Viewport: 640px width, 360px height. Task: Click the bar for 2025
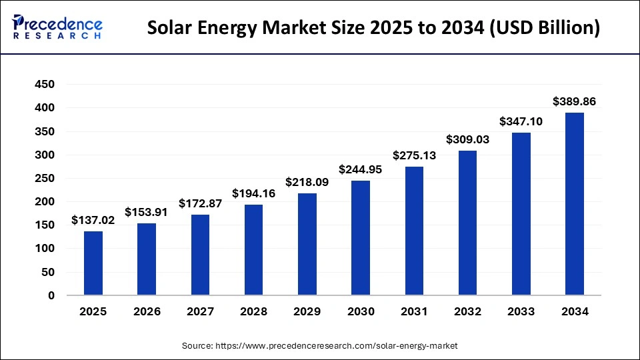[x=93, y=263]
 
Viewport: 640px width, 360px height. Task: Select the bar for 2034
[x=574, y=203]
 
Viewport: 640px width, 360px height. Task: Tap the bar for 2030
[x=361, y=237]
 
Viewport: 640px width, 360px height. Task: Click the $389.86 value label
[x=574, y=102]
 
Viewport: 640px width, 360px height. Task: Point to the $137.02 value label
[x=93, y=221]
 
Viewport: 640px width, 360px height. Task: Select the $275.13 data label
[x=414, y=156]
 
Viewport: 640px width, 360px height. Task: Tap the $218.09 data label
[x=307, y=182]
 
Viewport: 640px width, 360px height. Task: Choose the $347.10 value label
[x=521, y=122]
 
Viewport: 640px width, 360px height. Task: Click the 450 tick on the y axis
[x=45, y=85]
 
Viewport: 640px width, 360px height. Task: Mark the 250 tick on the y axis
[x=45, y=178]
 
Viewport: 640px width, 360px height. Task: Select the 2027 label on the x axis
[x=200, y=311]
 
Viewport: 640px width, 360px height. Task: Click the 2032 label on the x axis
[x=467, y=311]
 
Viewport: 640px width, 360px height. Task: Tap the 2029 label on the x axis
[x=307, y=311]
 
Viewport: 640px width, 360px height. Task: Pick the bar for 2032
[x=467, y=223]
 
